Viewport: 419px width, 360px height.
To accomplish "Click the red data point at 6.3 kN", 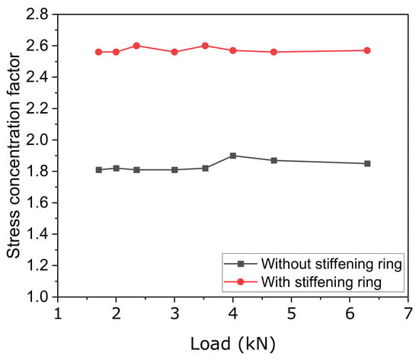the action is [x=367, y=50].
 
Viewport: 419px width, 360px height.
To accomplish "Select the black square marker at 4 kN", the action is [x=233, y=156].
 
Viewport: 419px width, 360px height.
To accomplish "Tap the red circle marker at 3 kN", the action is [x=174, y=52].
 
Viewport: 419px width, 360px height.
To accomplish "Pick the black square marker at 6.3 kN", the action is [x=367, y=163].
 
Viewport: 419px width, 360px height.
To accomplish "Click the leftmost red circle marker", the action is [x=98, y=52].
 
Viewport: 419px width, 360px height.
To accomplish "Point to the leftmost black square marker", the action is [x=98, y=170].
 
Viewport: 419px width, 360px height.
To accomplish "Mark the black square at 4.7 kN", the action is [x=274, y=160].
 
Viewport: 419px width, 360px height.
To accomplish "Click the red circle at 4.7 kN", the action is [x=274, y=52].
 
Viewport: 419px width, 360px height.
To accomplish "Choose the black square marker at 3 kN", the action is [x=174, y=170].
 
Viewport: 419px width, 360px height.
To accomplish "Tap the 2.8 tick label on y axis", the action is [x=37, y=14].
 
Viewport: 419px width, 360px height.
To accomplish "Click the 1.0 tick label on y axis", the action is [x=37, y=297].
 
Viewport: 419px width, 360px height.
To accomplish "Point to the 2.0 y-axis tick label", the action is [x=37, y=140].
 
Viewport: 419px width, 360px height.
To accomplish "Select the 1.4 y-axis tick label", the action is [x=37, y=234].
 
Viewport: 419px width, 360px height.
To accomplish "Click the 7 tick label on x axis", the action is [x=408, y=313].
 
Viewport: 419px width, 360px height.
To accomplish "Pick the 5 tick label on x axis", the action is [x=291, y=313].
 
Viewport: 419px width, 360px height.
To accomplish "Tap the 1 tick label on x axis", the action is [x=58, y=313].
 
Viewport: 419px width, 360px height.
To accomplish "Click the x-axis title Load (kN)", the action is [x=233, y=344].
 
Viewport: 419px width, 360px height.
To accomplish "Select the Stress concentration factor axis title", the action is [x=14, y=156].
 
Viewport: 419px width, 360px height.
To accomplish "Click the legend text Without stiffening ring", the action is [x=331, y=264].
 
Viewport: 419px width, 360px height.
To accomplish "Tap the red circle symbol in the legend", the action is [x=241, y=281].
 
